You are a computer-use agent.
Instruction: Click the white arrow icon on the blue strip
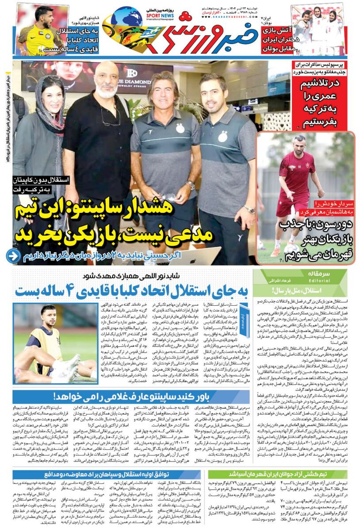click(x=14, y=256)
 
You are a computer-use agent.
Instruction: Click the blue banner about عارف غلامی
click(x=168, y=396)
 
